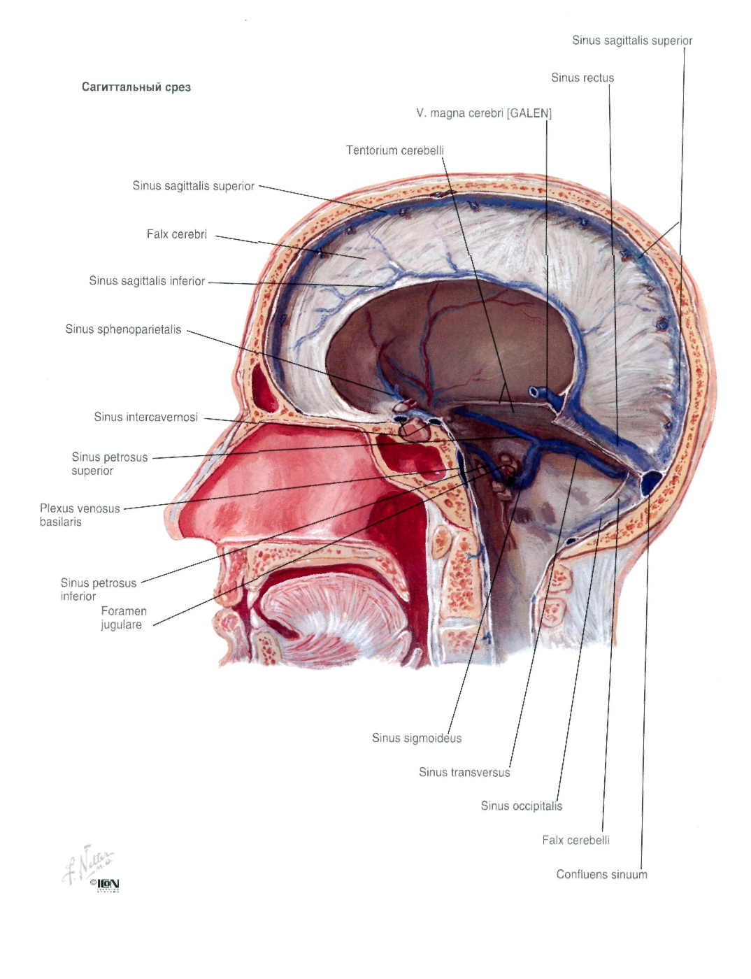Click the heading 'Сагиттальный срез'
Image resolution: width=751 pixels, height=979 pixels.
[136, 87]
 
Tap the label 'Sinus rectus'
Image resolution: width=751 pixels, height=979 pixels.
[582, 78]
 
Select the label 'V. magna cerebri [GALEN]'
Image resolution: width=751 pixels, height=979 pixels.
[484, 113]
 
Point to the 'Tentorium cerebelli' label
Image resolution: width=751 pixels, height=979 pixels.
[394, 150]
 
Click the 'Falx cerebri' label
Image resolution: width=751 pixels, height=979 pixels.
[177, 234]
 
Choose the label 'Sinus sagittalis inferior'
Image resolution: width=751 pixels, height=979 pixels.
[147, 281]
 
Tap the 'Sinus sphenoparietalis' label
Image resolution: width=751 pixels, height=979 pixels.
[123, 329]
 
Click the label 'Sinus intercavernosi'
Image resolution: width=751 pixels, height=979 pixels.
[145, 417]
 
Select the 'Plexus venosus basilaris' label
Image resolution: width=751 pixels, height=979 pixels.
[80, 515]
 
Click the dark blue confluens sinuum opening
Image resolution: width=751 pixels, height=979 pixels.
[650, 483]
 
